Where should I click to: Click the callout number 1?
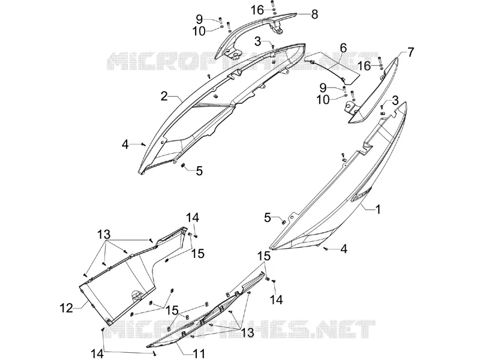pyautogui.click(x=379, y=209)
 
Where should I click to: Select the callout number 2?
pyautogui.click(x=164, y=97)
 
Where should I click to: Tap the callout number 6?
pyautogui.click(x=343, y=48)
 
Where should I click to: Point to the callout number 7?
pyautogui.click(x=410, y=53)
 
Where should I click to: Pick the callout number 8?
pyautogui.click(x=314, y=14)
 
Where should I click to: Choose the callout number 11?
pyautogui.click(x=199, y=353)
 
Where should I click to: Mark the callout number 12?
pyautogui.click(x=67, y=308)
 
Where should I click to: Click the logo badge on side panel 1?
pyautogui.click(x=361, y=194)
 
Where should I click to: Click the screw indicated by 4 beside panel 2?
pyautogui.click(x=143, y=145)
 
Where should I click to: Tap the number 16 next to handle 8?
pyautogui.click(x=258, y=10)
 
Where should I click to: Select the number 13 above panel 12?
pyautogui.click(x=104, y=235)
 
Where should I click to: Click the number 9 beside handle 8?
pyautogui.click(x=199, y=20)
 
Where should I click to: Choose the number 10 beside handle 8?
pyautogui.click(x=199, y=31)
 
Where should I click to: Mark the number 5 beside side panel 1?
pyautogui.click(x=268, y=218)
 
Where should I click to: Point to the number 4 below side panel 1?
pyautogui.click(x=344, y=249)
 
